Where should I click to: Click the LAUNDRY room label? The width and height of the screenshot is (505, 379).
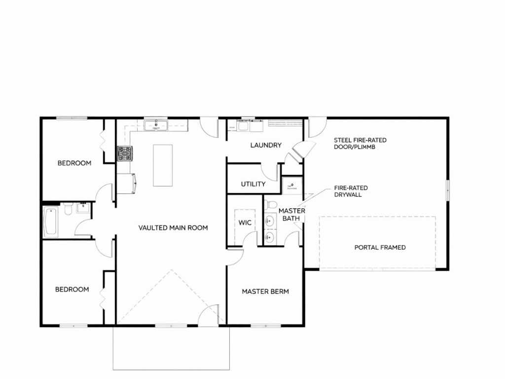tap(266, 146)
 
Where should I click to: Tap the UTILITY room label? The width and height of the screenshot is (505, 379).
tap(253, 184)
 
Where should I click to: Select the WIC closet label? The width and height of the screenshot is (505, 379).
tap(245, 223)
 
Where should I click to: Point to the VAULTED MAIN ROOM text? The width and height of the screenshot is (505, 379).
tap(173, 228)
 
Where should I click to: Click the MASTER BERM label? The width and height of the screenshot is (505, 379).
tap(265, 292)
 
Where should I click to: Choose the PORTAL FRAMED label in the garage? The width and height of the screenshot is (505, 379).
tap(380, 248)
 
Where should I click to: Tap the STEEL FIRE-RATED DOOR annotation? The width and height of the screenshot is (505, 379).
tap(360, 144)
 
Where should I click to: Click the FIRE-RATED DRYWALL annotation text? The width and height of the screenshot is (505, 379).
tap(351, 191)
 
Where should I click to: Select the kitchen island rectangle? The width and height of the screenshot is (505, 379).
tap(163, 165)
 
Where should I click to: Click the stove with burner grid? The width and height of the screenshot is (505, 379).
tap(125, 154)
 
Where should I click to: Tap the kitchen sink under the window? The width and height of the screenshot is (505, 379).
tap(156, 125)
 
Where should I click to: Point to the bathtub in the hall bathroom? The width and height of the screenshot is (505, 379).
tap(51, 223)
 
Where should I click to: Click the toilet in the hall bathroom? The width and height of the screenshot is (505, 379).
tap(68, 209)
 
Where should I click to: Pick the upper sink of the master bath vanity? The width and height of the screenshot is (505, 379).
tap(269, 221)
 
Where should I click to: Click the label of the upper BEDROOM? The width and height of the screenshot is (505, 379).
tap(74, 163)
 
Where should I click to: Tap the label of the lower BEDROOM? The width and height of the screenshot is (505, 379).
tap(72, 290)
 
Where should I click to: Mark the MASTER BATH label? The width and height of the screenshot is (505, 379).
tap(291, 215)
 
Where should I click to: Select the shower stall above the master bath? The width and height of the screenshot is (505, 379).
tap(292, 186)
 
